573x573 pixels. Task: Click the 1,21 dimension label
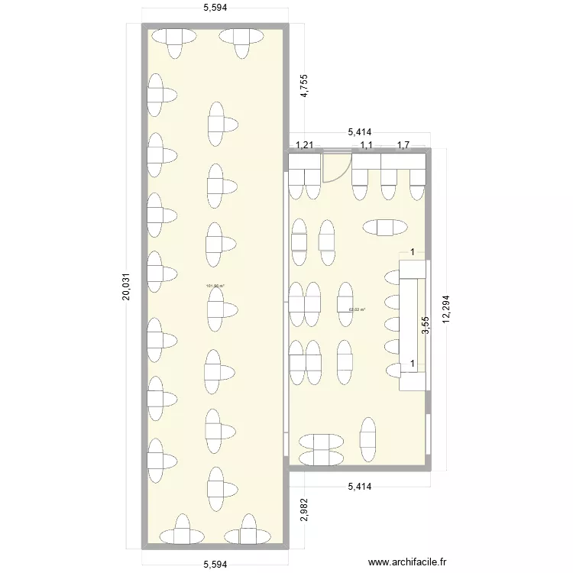pyautogui.click(x=305, y=144)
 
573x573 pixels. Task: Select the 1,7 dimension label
pyautogui.click(x=403, y=144)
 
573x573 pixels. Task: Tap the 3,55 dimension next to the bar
pyautogui.click(x=426, y=325)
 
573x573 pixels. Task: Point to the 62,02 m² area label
pyautogui.click(x=357, y=309)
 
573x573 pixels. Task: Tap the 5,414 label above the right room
pyautogui.click(x=360, y=133)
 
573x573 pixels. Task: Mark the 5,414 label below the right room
pyautogui.click(x=360, y=485)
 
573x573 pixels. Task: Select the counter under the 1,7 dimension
pyautogui.click(x=403, y=161)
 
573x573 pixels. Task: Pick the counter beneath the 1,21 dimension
pyautogui.click(x=305, y=161)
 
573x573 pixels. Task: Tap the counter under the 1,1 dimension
pyautogui.click(x=366, y=161)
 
